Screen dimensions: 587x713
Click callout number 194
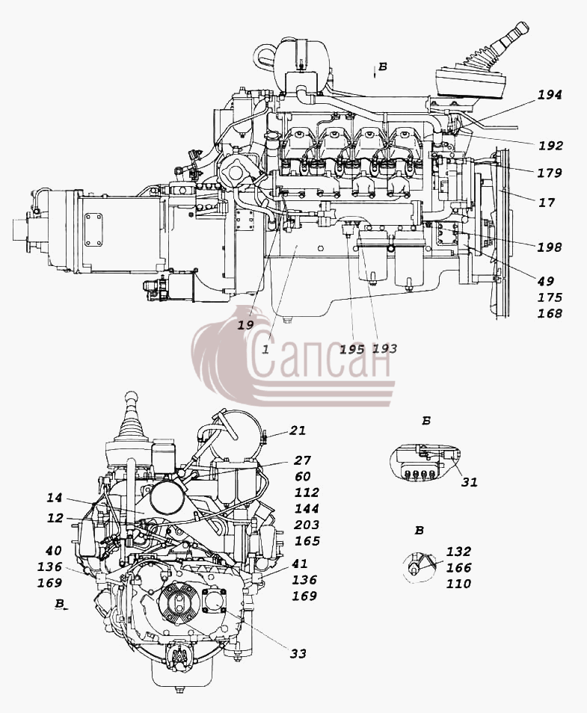550,95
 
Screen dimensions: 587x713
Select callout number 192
550,146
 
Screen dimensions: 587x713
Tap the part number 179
549,173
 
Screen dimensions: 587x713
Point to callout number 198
549,247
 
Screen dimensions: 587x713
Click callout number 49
546,282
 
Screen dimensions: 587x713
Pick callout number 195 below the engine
352,349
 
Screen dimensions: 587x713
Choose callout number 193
384,349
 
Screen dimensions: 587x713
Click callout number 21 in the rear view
298,430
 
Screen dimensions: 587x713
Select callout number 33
298,654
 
